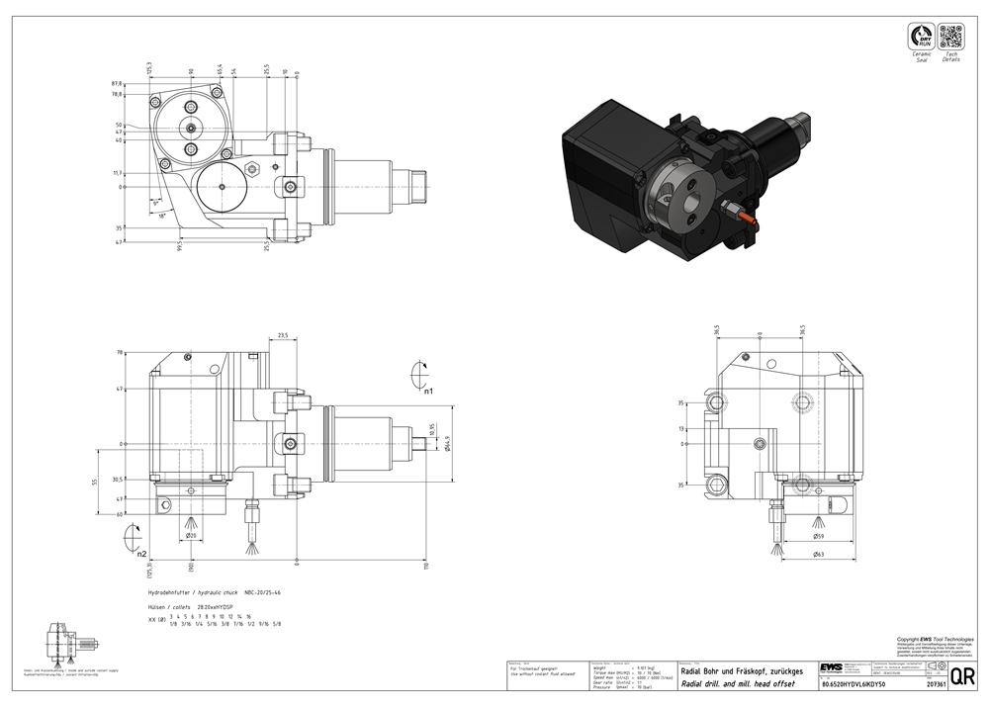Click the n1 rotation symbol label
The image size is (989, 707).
(x=428, y=392)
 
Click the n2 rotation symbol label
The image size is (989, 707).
(x=141, y=554)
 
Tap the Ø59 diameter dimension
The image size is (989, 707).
(x=817, y=536)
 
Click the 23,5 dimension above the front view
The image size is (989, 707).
(x=283, y=336)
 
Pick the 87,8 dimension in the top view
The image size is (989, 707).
(x=116, y=84)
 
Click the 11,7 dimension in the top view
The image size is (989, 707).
(x=118, y=173)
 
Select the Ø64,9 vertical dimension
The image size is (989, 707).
(x=447, y=443)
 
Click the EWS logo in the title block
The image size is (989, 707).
(x=831, y=667)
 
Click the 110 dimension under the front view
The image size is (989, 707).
(x=426, y=566)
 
